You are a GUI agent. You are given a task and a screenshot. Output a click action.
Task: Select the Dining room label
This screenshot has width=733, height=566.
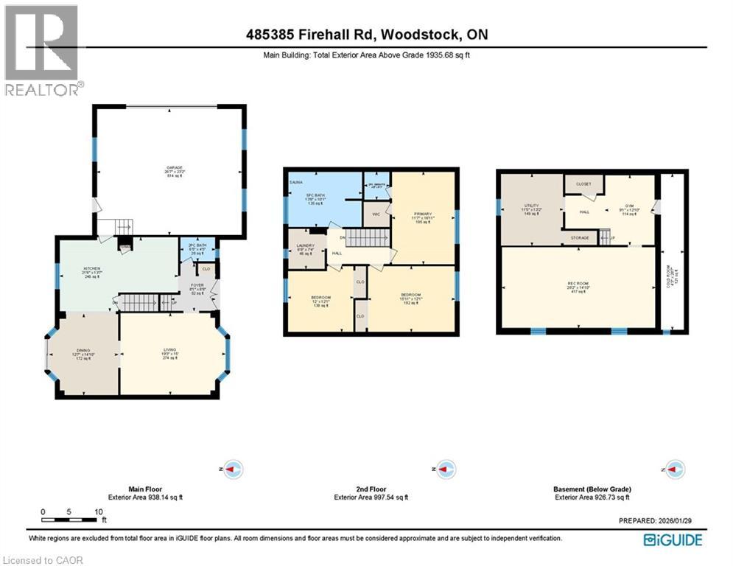(x=82, y=350)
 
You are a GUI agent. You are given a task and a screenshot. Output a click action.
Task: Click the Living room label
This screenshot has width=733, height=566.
(x=170, y=350)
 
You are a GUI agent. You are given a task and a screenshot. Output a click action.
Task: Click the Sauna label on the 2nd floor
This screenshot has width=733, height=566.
(x=295, y=180)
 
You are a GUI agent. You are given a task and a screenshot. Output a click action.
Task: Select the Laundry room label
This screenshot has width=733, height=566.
(x=305, y=245)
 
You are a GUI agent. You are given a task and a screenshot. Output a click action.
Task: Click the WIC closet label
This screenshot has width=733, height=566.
(x=375, y=215)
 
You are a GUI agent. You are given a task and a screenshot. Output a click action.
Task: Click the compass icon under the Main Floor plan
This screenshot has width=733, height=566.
(x=233, y=469)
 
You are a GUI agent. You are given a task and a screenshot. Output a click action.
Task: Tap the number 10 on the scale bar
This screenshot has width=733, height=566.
(x=98, y=511)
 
